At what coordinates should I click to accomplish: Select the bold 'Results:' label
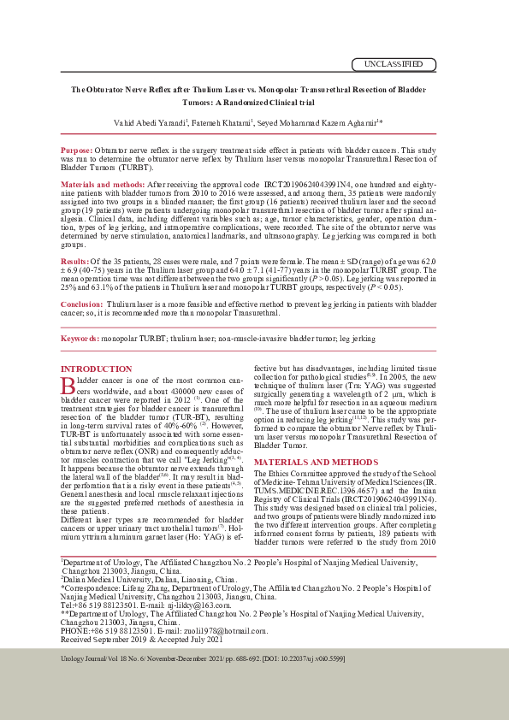(x=75, y=259)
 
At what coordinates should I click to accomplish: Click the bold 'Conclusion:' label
(x=82, y=304)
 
